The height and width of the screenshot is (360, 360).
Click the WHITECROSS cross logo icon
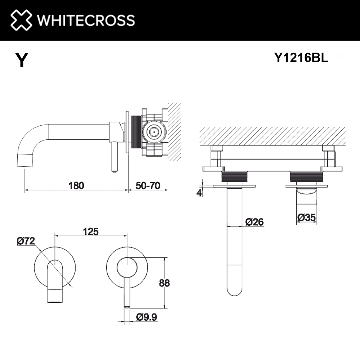21,20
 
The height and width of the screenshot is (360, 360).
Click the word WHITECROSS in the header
86,20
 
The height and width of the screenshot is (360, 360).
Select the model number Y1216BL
301,58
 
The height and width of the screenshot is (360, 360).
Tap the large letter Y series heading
22,60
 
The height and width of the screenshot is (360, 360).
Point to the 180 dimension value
76,185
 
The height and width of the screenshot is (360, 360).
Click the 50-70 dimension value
148,185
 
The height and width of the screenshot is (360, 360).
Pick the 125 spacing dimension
91,231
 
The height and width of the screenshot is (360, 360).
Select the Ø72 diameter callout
26,241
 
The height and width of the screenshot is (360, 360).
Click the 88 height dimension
165,283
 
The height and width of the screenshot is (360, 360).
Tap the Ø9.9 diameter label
147,317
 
